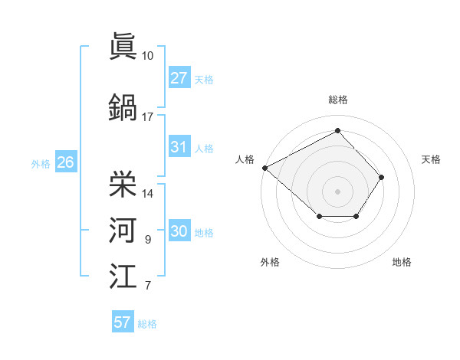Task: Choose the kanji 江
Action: pyautogui.click(x=123, y=275)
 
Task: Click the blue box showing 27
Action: pyautogui.click(x=179, y=78)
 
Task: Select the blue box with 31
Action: pyautogui.click(x=179, y=148)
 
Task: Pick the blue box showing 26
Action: pyautogui.click(x=65, y=162)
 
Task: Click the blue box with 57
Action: pyautogui.click(x=123, y=322)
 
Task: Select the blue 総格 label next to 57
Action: pyautogui.click(x=147, y=324)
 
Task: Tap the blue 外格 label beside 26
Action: pyautogui.click(x=41, y=163)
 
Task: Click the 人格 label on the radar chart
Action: pyautogui.click(x=245, y=159)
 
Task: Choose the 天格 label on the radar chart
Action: pyautogui.click(x=432, y=159)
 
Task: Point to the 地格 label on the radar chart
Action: pyautogui.click(x=402, y=263)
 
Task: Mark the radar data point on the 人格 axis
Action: pyautogui.click(x=264, y=168)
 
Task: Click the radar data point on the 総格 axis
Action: pyautogui.click(x=337, y=131)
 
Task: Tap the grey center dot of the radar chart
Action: pyautogui.click(x=337, y=191)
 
